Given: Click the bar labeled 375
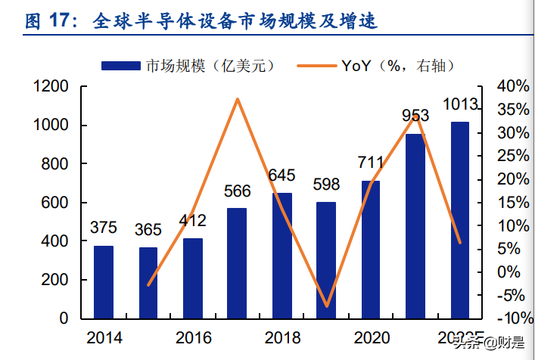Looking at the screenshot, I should [104, 281].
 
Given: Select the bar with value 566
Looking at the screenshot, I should [237, 262].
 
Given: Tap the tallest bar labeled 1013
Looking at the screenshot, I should [460, 219].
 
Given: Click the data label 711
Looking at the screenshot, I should [371, 163].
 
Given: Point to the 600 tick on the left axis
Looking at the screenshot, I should [55, 203].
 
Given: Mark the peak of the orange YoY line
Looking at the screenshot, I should [238, 99].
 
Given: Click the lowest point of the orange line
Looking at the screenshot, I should [327, 306].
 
